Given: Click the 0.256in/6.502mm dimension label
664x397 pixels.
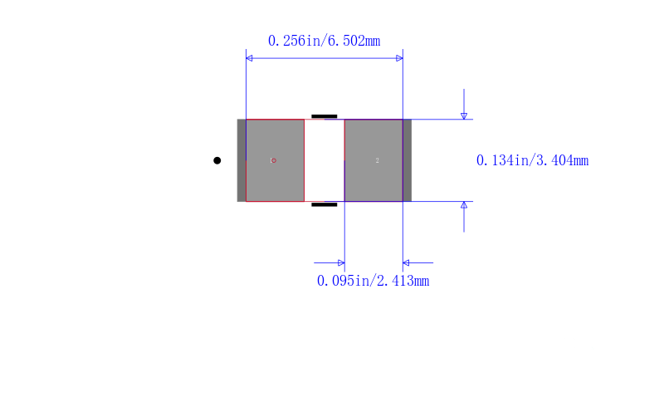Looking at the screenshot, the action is (324, 41).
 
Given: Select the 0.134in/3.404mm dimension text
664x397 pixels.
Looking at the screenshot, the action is (532, 160).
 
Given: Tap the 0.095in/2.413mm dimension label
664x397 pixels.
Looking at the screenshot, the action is (373, 281).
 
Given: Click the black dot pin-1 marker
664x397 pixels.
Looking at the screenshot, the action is (217, 160).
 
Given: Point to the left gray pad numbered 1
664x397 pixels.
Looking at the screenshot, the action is (275, 160).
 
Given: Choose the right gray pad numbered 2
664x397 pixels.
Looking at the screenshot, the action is (373, 160).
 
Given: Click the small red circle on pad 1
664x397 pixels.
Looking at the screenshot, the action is (274, 160).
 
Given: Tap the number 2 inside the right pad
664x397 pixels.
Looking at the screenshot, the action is (377, 160).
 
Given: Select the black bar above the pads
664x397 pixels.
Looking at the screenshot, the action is (325, 116).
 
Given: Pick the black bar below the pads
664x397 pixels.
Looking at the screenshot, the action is (325, 204).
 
